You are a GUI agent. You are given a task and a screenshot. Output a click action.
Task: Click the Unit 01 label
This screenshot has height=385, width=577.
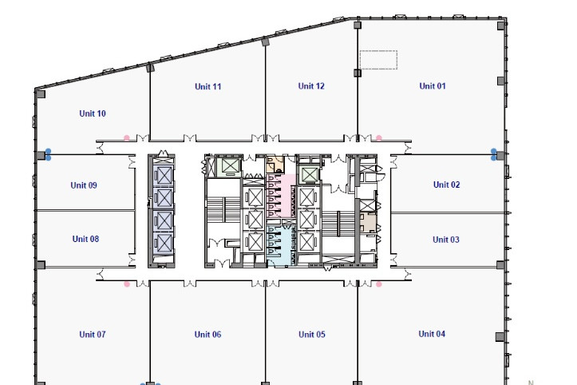[433, 85]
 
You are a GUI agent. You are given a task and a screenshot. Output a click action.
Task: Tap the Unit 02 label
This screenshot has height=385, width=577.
[446, 185]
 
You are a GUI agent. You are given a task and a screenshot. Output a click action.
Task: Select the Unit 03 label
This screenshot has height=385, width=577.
[446, 240]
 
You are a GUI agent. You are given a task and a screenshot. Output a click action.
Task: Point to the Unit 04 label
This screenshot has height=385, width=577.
[432, 334]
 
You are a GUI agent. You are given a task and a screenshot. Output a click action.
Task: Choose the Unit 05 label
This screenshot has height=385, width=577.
[312, 334]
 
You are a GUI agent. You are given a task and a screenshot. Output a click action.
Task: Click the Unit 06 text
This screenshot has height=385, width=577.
[207, 334]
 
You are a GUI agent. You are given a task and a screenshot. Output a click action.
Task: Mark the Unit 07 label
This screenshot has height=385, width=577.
[93, 334]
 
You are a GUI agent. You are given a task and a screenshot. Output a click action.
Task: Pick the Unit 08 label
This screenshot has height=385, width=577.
[85, 239]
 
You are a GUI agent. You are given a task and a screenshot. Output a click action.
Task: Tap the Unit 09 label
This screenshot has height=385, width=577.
[84, 185]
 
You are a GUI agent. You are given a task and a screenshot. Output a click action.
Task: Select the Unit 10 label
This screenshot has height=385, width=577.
[93, 113]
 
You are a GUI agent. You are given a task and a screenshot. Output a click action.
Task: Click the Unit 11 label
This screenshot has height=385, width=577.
[208, 86]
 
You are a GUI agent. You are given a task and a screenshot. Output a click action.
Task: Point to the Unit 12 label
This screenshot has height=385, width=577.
[311, 85]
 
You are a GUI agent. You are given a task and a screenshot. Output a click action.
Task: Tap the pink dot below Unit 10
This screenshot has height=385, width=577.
[127, 138]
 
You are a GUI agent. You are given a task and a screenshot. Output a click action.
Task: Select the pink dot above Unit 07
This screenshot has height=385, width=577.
[127, 284]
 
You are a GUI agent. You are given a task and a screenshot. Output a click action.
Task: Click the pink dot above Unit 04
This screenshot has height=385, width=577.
[378, 284]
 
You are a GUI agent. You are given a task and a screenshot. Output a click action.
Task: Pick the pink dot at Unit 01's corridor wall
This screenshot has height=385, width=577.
[378, 138]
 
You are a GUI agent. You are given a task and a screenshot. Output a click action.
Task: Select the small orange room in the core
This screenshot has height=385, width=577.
[275, 164]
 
